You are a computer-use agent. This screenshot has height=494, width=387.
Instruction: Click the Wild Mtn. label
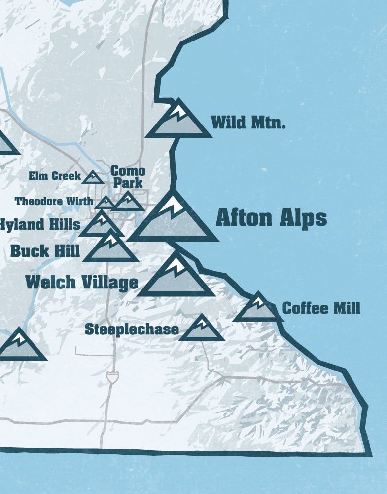pyautogui.click(x=248, y=122)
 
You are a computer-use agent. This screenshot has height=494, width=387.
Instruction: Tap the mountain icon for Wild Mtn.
pyautogui.click(x=178, y=121)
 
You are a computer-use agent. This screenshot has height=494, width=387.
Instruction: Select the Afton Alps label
pyautogui.click(x=271, y=218)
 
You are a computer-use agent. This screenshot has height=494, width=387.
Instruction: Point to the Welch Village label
pyautogui.click(x=81, y=282)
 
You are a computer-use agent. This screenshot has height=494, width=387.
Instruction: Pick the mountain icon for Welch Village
pyautogui.click(x=176, y=278)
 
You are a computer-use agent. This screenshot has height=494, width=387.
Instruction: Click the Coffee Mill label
pyautogui.click(x=321, y=308)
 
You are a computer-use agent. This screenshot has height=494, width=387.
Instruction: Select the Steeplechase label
pyautogui.click(x=132, y=329)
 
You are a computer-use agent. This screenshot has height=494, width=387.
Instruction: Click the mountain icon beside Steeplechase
pyautogui.click(x=202, y=329)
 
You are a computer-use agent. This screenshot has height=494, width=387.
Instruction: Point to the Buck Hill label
pyautogui.click(x=45, y=251)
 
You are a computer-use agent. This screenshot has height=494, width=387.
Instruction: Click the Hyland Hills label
pyautogui.click(x=39, y=224)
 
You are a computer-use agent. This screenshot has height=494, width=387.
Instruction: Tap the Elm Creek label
pyautogui.click(x=54, y=176)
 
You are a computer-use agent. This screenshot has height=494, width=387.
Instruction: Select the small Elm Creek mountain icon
pyautogui.click(x=93, y=177)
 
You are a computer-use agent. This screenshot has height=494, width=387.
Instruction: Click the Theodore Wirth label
pyautogui.click(x=53, y=201)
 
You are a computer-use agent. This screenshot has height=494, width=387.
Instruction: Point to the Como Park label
pyautogui.click(x=128, y=177)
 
